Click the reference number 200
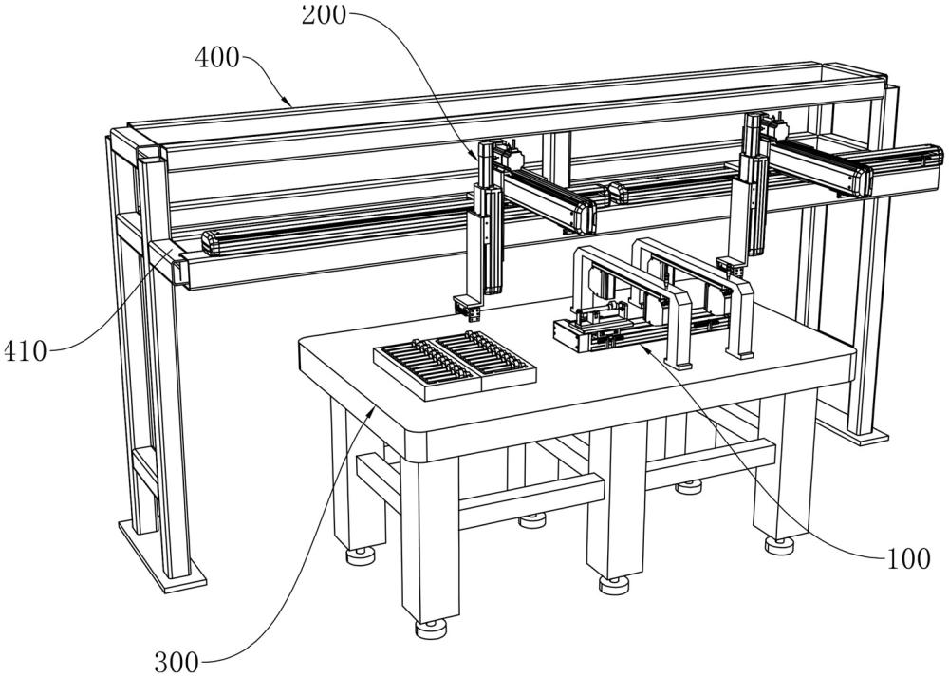point(324,13)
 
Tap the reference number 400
point(217,58)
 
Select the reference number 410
point(25,351)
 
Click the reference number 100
point(908,558)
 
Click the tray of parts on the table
point(455,366)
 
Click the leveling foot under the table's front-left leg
point(430,628)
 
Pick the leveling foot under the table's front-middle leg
point(614,584)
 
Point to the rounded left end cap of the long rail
point(210,243)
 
